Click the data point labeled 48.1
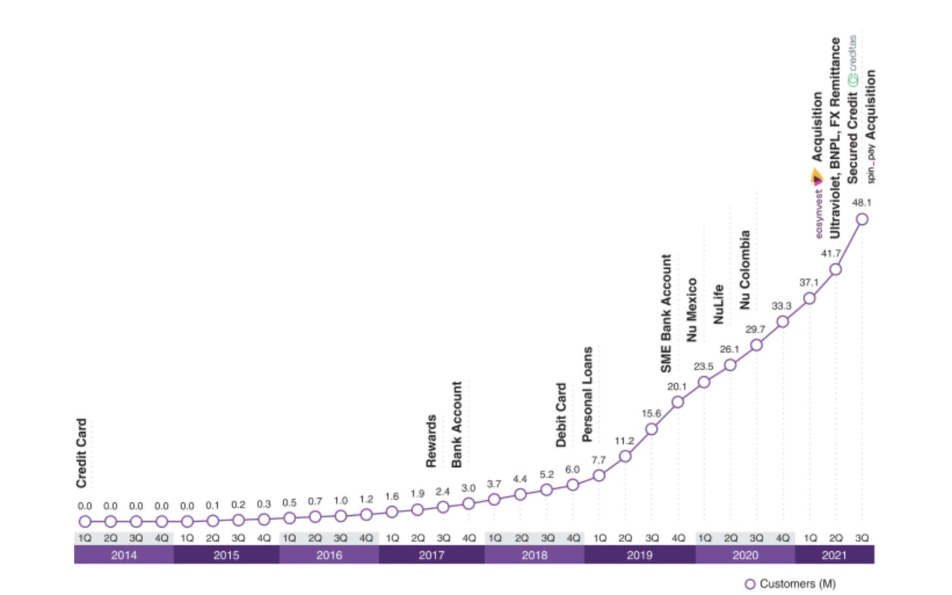862,219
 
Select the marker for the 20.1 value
678,401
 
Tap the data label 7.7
598,460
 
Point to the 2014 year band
124,555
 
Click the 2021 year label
834,555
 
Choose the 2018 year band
534,555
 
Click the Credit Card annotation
82,453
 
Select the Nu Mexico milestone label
692,309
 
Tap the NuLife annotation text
718,304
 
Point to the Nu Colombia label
745,269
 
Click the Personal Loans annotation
587,394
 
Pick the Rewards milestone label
431,441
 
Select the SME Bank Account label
666,313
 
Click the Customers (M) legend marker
750,584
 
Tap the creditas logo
853,62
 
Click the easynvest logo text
819,213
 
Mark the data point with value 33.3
783,322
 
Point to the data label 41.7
830,254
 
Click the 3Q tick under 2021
862,538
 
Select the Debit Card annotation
561,415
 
